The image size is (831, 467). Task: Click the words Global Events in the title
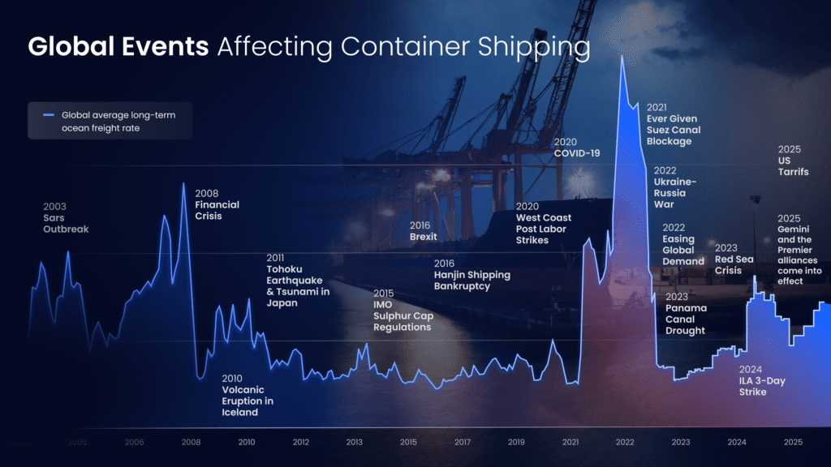(118, 47)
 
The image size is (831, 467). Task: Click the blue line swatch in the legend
(47, 115)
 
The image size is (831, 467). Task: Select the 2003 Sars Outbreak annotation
(65, 218)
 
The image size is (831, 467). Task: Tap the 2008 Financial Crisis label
(217, 205)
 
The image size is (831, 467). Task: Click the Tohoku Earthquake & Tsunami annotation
(298, 281)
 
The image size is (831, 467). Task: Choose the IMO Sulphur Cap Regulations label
(403, 311)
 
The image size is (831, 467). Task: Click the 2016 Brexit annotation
(424, 231)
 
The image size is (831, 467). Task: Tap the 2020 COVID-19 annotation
(577, 147)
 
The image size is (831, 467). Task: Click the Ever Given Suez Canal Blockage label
(673, 124)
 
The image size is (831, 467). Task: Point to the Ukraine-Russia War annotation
(675, 187)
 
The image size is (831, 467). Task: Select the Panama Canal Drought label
(685, 314)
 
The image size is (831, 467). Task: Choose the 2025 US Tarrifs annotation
(793, 161)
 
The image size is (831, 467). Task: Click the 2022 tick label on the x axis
(624, 442)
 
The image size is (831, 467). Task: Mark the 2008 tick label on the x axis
(191, 442)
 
